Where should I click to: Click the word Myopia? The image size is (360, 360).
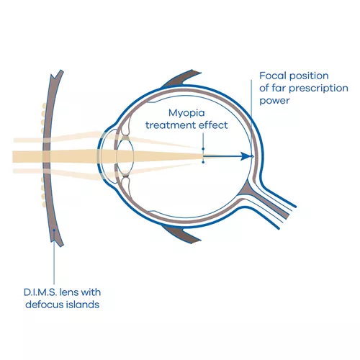pos(186,114)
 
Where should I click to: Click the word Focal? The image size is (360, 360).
pos(273,76)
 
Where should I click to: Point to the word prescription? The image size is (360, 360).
pos(318,89)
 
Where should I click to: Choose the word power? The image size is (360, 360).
pos(274,101)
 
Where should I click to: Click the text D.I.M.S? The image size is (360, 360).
pos(40,292)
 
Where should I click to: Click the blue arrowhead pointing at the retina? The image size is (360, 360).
pos(246,156)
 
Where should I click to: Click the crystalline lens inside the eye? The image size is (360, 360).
pos(125,156)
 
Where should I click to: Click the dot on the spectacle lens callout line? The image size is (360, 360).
pos(54,230)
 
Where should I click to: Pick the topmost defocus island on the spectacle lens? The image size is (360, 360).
pos(44,105)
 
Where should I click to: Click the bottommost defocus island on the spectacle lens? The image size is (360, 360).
pos(44,204)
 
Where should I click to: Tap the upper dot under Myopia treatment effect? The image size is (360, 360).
pos(203,149)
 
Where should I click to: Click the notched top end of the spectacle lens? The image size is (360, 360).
pos(58,73)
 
